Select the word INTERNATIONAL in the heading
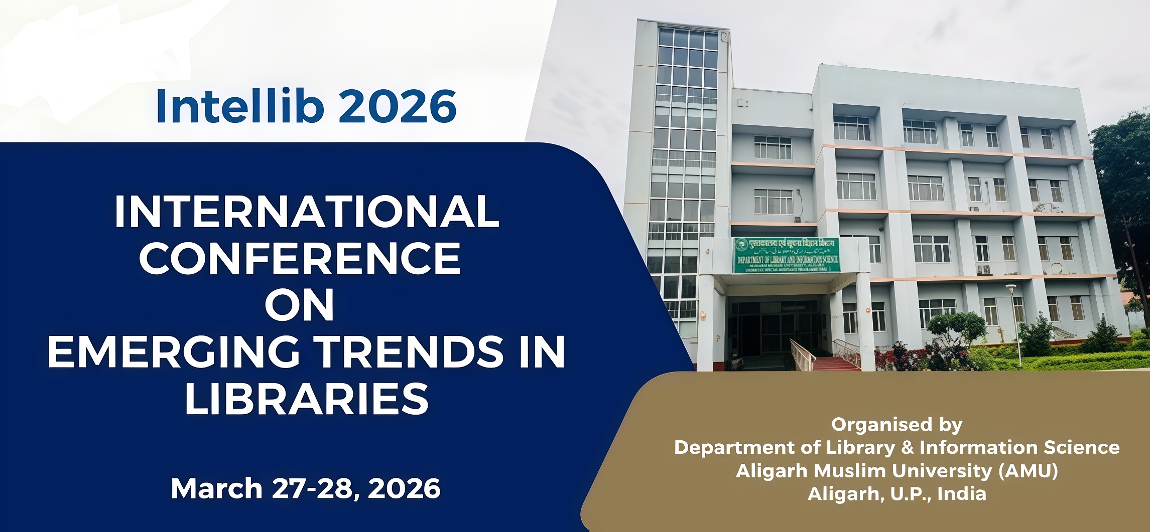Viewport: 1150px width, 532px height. point(307,212)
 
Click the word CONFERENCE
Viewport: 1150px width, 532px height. point(300,258)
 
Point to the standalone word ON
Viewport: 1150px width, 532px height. point(300,305)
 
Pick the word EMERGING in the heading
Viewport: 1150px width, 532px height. point(174,352)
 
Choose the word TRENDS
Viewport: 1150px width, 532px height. point(411,352)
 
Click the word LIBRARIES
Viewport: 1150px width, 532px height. point(307,399)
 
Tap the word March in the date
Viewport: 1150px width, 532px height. point(217,488)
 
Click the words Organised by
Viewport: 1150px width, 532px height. point(897,425)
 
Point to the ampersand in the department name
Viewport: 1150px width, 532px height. point(907,447)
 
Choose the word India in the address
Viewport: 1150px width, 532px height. point(962,494)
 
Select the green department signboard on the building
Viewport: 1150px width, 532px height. point(787,255)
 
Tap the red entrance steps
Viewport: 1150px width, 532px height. point(836,364)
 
